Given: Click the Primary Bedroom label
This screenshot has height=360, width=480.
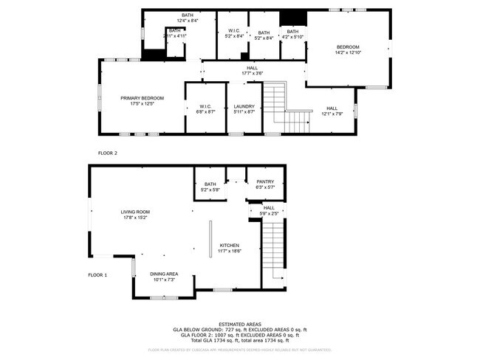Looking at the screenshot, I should [143, 98].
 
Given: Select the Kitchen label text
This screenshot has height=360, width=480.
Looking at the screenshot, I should [229, 245].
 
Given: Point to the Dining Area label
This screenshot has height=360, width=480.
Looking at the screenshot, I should [163, 274].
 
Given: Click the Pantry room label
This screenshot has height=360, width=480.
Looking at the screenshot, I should [265, 182].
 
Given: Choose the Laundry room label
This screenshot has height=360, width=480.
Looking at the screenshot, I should [244, 106].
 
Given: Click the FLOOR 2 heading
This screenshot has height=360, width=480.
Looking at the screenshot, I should [108, 153].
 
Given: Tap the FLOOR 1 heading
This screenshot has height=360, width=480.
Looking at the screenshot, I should [97, 275].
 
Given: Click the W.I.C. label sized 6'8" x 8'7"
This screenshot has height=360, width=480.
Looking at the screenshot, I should [205, 106].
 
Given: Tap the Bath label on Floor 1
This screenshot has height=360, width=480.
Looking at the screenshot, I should [210, 184].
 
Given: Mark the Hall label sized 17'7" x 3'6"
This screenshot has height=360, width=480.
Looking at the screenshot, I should [253, 68].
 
